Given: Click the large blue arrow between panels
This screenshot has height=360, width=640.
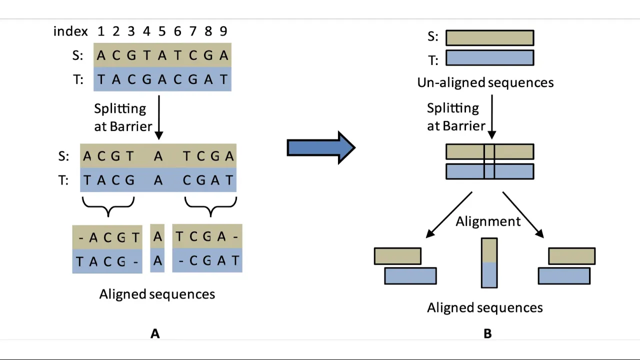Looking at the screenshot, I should (x=320, y=147).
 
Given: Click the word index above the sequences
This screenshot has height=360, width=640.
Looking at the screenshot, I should (x=70, y=31).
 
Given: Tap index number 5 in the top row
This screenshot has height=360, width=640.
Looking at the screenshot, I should (x=162, y=31).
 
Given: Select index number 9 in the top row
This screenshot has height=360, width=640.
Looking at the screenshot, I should (x=223, y=31).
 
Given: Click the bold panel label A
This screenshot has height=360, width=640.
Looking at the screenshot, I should (x=155, y=333).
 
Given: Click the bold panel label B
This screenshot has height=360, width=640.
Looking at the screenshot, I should (x=487, y=333).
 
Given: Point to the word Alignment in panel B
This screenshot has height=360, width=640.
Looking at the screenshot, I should (x=488, y=221).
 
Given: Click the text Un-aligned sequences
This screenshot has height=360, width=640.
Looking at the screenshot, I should (x=485, y=82).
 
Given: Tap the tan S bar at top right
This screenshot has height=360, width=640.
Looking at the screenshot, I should (x=489, y=38).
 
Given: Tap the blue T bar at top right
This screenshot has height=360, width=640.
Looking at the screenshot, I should (x=489, y=58).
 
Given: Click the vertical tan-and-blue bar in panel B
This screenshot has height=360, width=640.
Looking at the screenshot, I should (x=489, y=263).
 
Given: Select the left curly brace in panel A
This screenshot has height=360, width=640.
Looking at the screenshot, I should (x=108, y=205).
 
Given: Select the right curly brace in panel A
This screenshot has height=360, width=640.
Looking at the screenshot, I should (x=210, y=205).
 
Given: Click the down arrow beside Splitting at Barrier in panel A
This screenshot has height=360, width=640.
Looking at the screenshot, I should (x=159, y=117).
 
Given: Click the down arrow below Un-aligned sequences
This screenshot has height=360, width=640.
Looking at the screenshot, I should (x=491, y=117).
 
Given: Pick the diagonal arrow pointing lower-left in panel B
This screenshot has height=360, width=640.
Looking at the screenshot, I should (x=448, y=214).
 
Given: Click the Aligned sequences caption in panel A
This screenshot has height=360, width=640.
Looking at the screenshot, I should (x=157, y=294).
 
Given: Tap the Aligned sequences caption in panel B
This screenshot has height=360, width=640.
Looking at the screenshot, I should (x=484, y=307).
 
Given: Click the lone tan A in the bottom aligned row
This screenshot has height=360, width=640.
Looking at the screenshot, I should (x=157, y=236).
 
